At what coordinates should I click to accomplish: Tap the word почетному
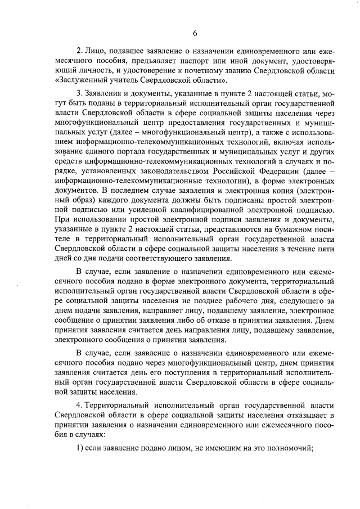click(x=206, y=70)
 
